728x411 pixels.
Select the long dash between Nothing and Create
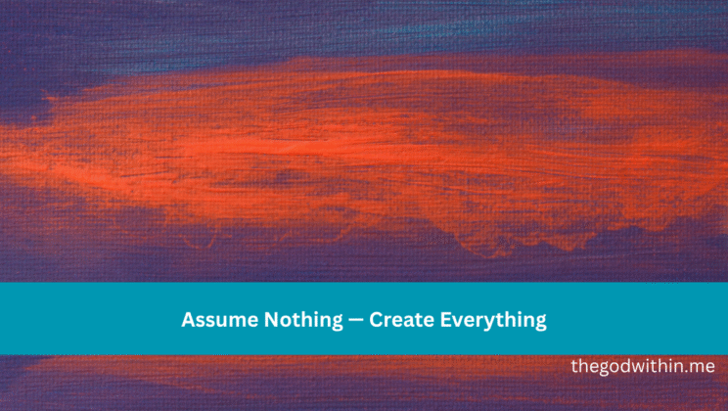[348, 320]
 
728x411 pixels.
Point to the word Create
[398, 319]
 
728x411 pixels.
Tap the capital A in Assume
[188, 319]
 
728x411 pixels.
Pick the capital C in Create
[374, 319]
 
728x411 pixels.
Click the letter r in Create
[387, 320]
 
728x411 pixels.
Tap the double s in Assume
[205, 320]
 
